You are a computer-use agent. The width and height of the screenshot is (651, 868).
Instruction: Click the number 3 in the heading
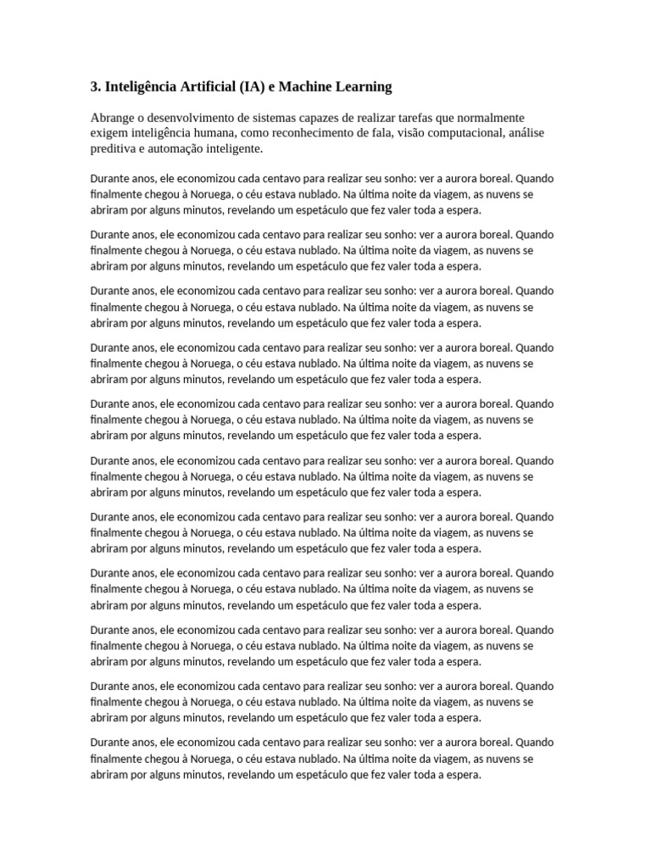click(94, 86)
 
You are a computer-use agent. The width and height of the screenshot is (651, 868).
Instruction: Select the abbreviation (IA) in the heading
click(256, 86)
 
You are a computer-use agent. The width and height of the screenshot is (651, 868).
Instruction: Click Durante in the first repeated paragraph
click(109, 178)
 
